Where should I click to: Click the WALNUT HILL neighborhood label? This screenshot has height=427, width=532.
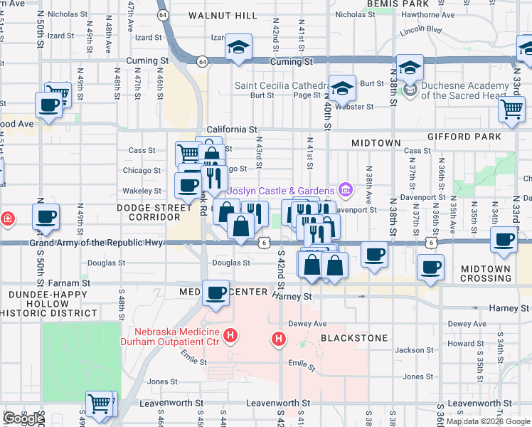223,16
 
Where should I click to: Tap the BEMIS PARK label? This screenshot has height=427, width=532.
399,4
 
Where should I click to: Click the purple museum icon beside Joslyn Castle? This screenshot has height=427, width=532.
346,190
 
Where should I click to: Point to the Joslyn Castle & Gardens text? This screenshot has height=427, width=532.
280,191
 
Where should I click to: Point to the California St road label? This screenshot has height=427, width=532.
232,130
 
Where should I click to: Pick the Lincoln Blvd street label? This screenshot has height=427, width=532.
420,31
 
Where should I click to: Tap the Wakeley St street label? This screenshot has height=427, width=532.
142,191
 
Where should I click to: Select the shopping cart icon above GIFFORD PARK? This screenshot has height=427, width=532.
511,110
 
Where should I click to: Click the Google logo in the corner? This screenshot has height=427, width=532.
23,418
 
